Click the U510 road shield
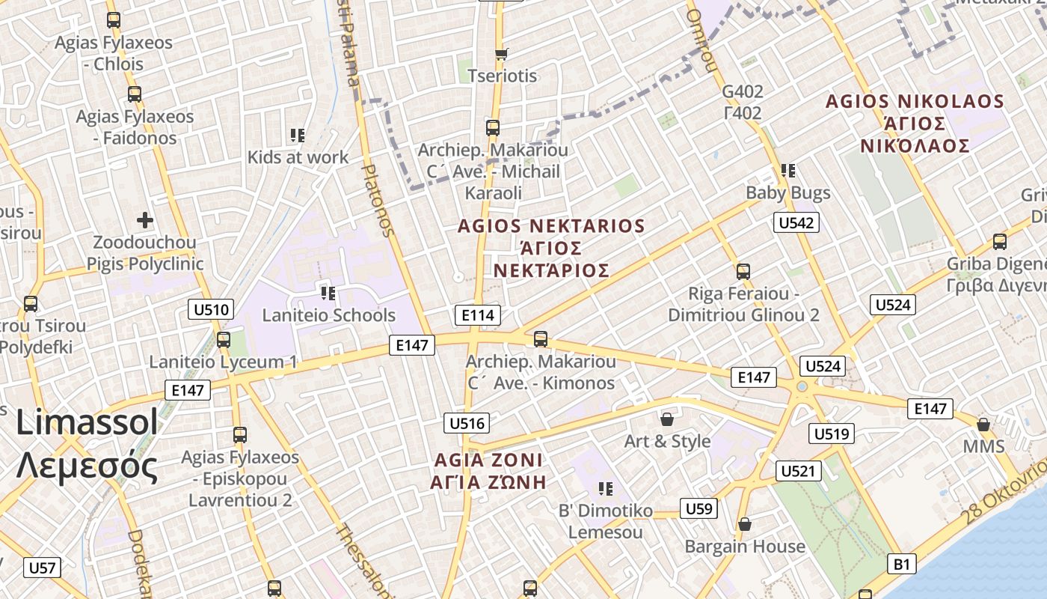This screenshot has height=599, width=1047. point(212,309)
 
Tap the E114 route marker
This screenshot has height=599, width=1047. point(478,315)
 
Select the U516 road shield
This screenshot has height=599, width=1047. point(467,423)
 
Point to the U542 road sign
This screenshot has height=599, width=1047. point(796,222)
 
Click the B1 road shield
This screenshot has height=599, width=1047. point(903,563)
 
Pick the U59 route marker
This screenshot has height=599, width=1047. point(699,509)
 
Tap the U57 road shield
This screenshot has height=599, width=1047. point(42,568)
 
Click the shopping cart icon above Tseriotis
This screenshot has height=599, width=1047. point(502,54)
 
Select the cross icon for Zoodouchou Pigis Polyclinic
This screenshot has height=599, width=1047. point(145,220)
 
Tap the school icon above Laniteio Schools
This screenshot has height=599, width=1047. point(328,293)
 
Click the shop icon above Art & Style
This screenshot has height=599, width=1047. point(667,419)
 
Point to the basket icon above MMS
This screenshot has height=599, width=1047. point(983,425)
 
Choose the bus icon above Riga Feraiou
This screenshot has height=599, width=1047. point(743,271)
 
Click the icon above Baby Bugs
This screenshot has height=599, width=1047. point(787,171)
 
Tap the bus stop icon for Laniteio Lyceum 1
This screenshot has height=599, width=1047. point(223,340)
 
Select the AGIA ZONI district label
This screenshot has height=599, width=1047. point(488,470)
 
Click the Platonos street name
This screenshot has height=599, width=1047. point(377,201)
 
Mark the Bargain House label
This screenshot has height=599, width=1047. point(745,547)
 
